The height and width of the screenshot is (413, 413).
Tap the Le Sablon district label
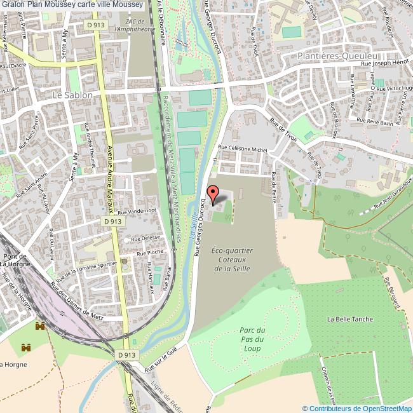(x=73, y=95)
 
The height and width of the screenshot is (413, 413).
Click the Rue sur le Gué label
(x=160, y=360)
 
